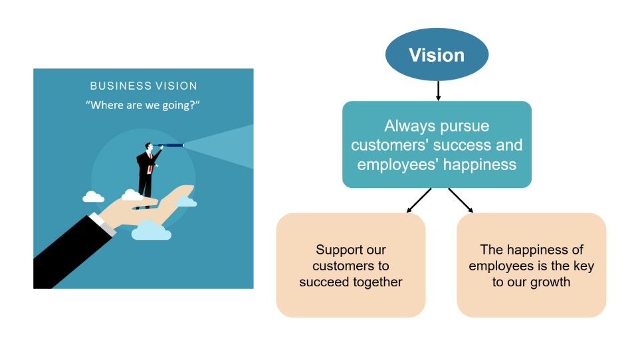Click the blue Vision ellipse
[437, 54]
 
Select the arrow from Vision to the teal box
[437, 90]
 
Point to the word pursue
[465, 126]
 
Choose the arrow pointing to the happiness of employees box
[461, 201]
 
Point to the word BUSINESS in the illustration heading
[115, 86]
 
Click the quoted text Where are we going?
[143, 105]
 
